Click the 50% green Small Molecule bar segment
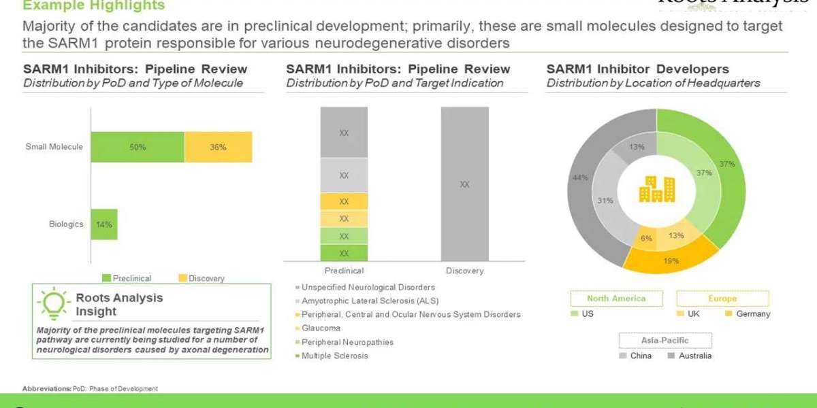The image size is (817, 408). (138, 147)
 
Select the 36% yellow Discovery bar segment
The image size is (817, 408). (218, 147)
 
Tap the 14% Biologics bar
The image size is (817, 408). (104, 224)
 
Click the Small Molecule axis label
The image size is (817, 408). (54, 146)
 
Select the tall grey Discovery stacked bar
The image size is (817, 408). (464, 184)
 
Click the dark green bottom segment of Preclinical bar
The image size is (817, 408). (344, 253)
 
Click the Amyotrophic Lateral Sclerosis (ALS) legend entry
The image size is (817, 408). (370, 301)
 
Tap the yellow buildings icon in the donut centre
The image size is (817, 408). (657, 189)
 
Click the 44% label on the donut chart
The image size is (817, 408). (579, 177)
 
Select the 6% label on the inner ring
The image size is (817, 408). (645, 238)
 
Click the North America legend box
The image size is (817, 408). (616, 298)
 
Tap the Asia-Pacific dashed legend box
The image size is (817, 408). (665, 340)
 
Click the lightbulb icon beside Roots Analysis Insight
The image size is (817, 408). (54, 304)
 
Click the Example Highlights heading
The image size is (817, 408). (94, 6)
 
